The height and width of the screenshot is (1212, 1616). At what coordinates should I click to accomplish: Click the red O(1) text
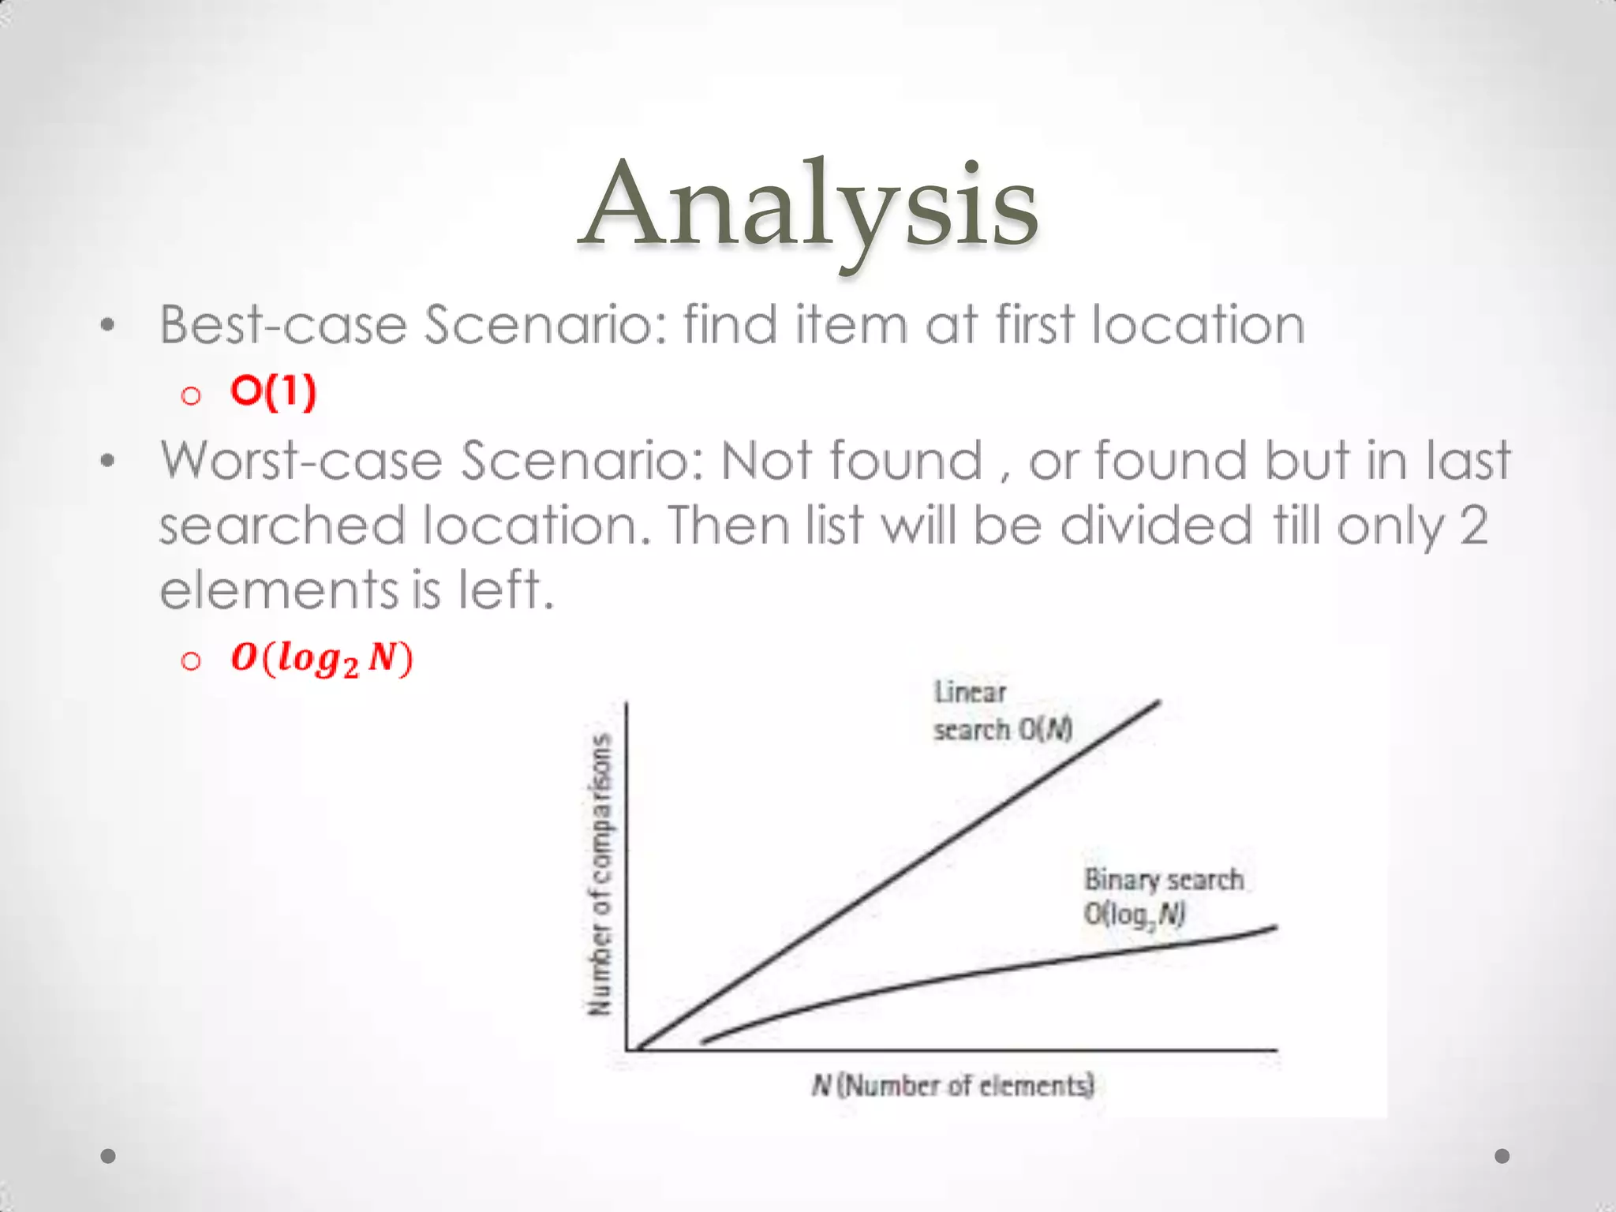[273, 391]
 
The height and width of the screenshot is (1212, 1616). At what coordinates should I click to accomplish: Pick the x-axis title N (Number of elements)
[952, 1086]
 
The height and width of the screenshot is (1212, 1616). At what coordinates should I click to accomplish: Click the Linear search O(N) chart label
[1002, 711]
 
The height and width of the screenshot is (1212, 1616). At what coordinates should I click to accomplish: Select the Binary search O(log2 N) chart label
[1163, 896]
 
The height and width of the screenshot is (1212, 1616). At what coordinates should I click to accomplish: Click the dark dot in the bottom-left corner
[109, 1156]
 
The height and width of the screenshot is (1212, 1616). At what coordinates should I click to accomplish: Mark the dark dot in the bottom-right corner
[1502, 1156]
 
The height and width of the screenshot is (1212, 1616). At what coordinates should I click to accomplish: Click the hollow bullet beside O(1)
[190, 395]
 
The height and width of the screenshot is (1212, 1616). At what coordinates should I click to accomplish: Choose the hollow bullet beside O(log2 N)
[190, 660]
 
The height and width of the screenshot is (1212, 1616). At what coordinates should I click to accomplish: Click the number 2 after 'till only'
[1473, 526]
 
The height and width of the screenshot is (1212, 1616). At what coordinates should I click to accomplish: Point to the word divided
[1155, 526]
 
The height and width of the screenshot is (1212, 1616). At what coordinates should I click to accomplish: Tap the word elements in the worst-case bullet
[278, 590]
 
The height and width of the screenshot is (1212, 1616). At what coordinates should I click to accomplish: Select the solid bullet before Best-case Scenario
[108, 325]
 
